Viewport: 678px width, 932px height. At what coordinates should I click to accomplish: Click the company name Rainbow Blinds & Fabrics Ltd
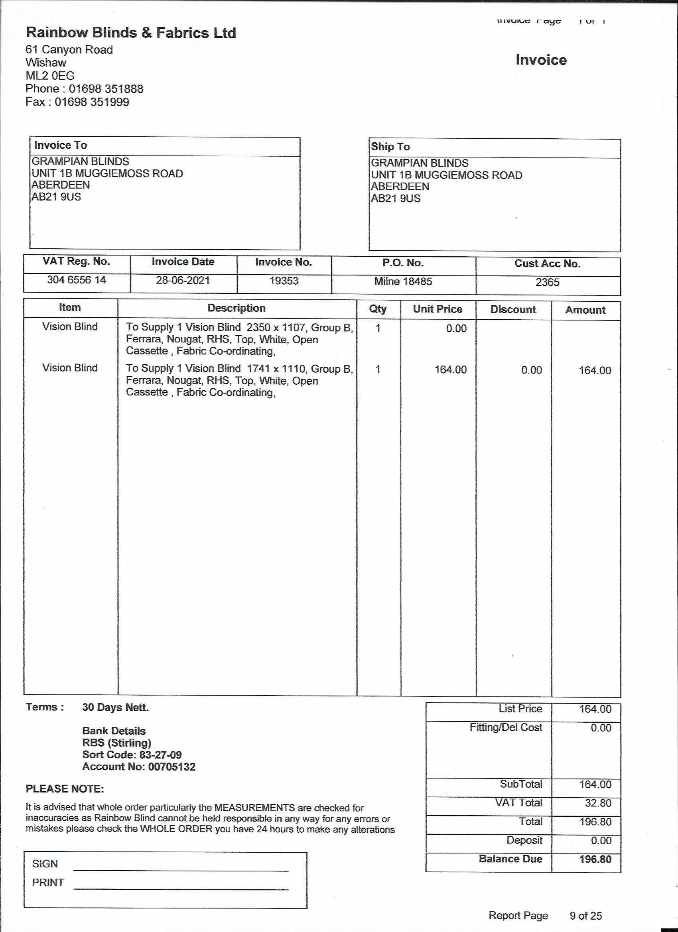[131, 33]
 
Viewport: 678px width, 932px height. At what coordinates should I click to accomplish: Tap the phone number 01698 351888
[106, 89]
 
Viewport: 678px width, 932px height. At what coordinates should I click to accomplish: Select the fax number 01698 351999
[92, 102]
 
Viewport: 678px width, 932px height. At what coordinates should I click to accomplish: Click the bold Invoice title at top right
[541, 61]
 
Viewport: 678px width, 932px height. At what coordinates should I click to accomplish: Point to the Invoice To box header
[61, 145]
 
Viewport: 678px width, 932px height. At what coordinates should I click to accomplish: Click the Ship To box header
[390, 147]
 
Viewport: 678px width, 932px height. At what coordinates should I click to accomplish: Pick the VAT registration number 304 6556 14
[77, 280]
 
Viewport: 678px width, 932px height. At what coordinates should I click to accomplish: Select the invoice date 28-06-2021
[183, 281]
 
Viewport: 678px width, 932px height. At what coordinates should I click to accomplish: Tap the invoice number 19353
[284, 281]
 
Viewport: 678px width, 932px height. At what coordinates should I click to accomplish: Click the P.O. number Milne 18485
[403, 281]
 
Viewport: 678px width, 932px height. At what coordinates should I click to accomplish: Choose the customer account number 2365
[547, 282]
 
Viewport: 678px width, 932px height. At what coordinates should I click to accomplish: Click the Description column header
[237, 308]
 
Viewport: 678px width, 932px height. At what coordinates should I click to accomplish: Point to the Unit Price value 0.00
[456, 328]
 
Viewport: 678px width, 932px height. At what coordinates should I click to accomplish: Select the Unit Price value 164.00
[451, 370]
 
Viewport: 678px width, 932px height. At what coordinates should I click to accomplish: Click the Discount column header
[513, 309]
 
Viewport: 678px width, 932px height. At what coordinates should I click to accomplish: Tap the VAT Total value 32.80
[598, 803]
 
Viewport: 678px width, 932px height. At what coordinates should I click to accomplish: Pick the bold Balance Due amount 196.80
[595, 859]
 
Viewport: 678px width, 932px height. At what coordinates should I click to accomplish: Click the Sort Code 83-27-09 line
[132, 755]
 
